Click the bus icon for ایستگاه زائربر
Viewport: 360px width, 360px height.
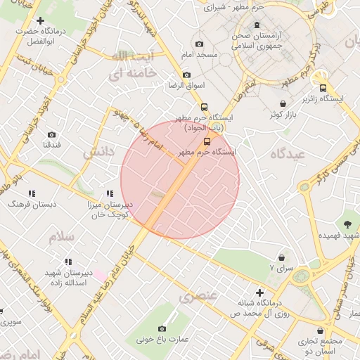[x=323, y=89]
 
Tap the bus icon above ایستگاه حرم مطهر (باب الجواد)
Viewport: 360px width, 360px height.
[x=204, y=108]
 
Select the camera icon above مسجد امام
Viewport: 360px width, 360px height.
[x=199, y=44]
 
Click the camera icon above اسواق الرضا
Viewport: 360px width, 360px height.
[x=186, y=75]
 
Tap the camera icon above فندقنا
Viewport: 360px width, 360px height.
[x=51, y=134]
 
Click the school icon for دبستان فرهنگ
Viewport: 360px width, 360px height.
[x=31, y=192]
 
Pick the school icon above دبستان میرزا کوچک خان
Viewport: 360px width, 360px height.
[x=109, y=193]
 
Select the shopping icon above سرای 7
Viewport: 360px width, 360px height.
[x=282, y=258]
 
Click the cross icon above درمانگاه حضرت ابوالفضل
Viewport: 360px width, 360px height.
[x=40, y=21]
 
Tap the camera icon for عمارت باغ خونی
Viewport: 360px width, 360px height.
[x=162, y=328]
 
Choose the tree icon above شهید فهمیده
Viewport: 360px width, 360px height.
[x=347, y=224]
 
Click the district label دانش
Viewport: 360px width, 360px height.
[x=98, y=151]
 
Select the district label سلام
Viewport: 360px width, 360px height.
[x=62, y=237]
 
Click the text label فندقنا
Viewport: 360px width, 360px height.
[x=52, y=145]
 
